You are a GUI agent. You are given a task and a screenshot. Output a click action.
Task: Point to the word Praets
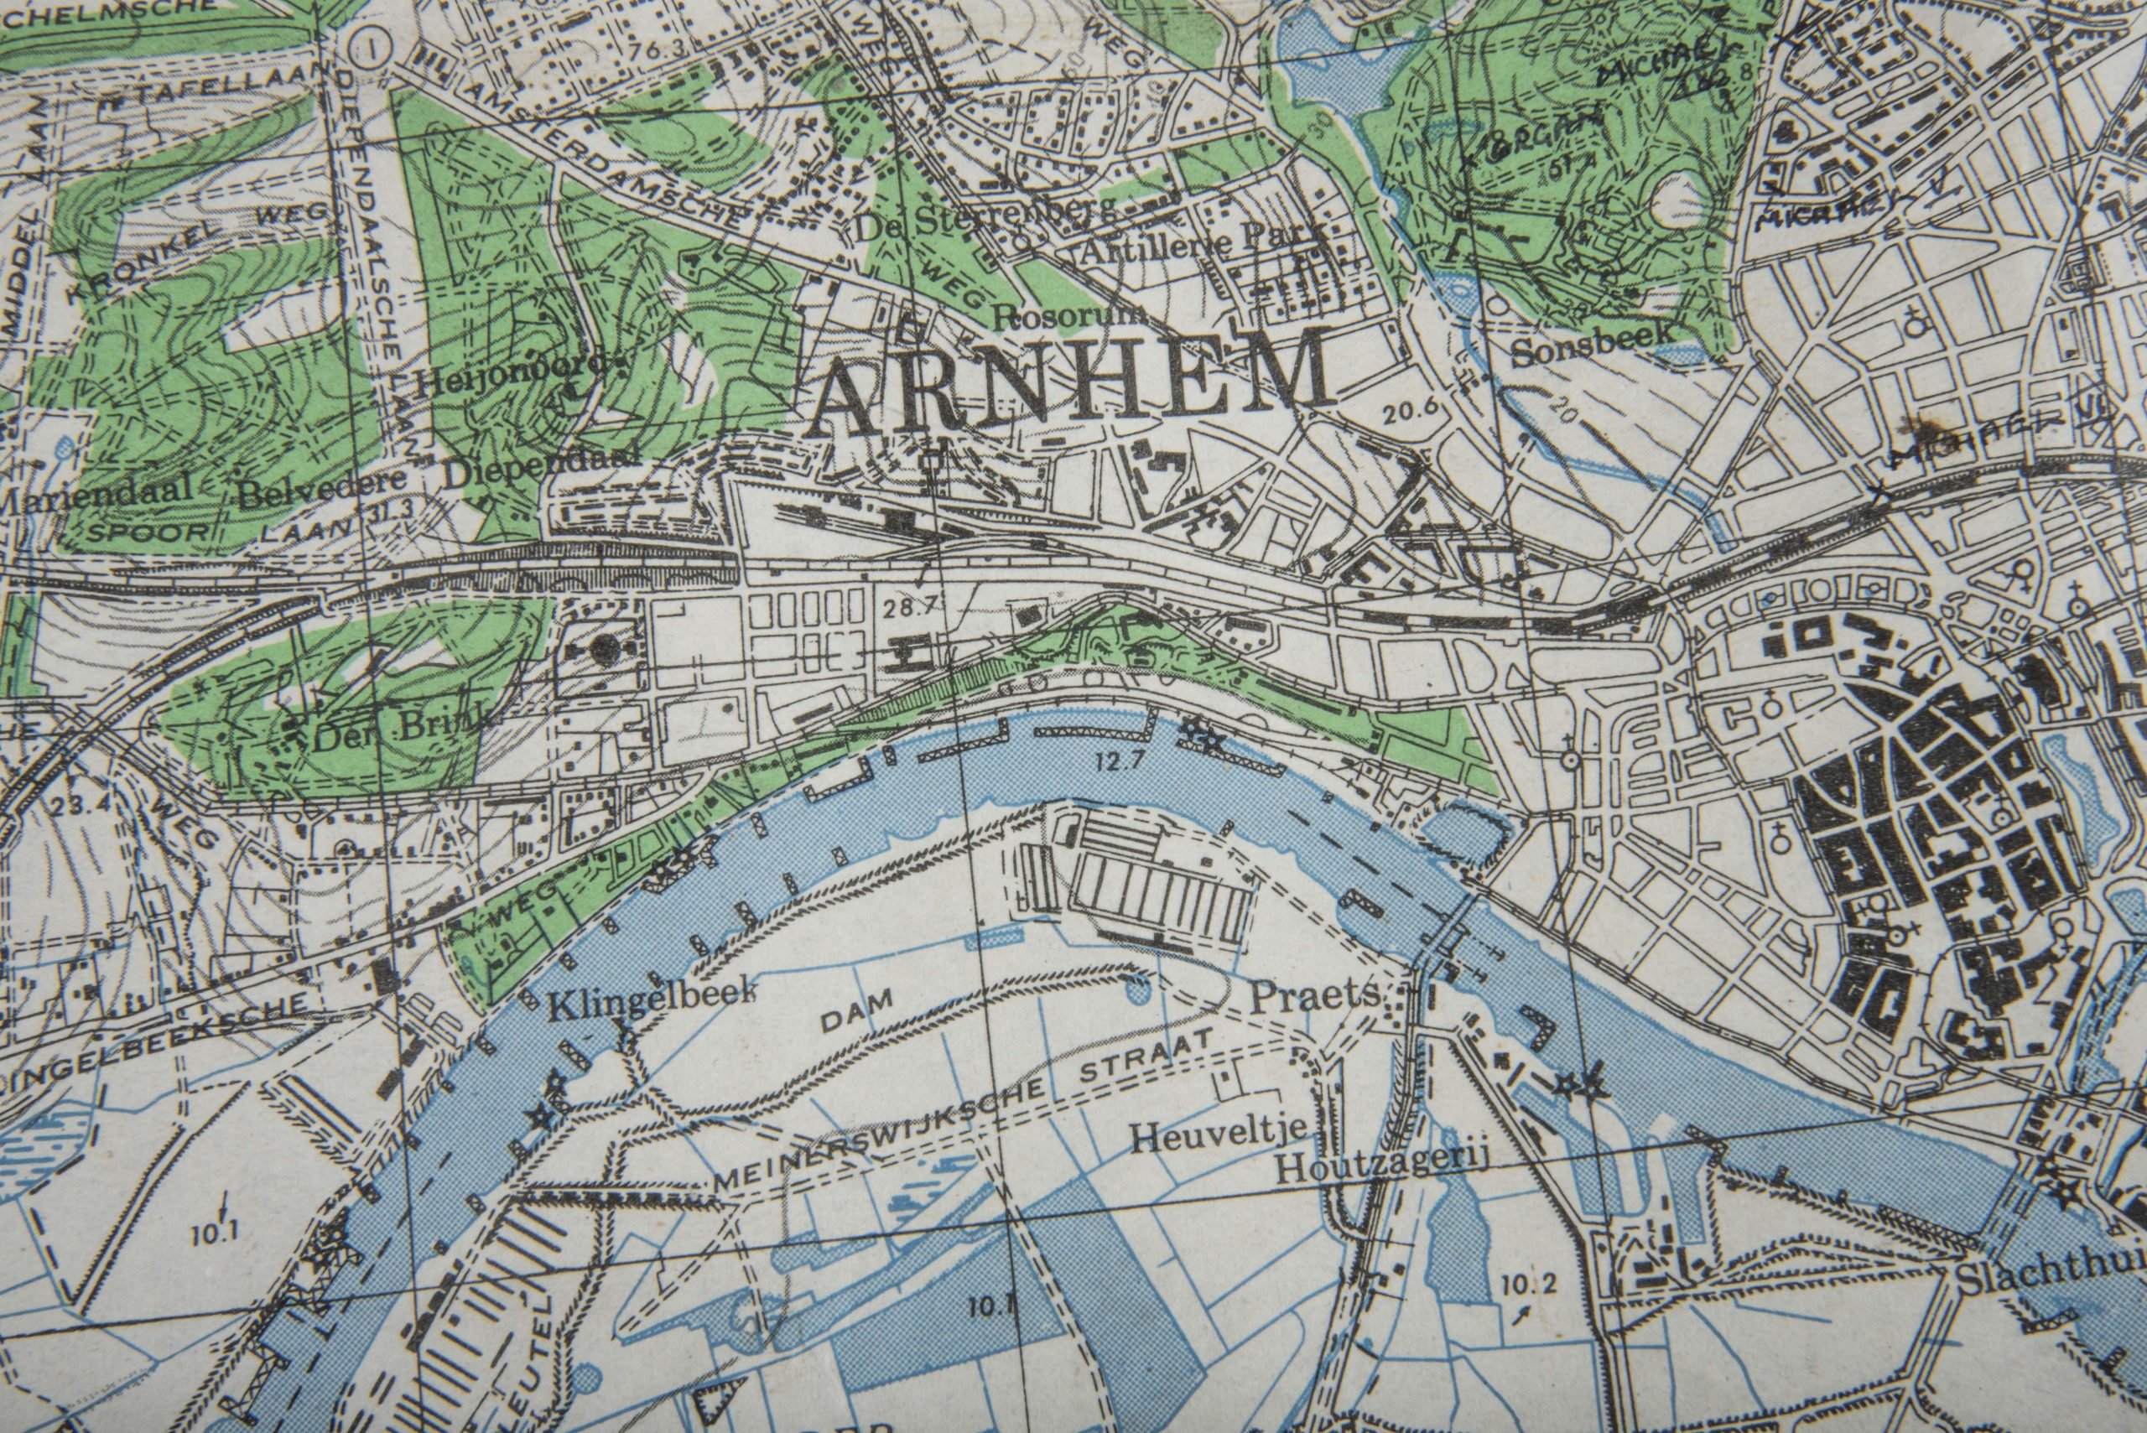1313,998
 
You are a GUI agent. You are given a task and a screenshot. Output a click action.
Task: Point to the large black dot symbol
601,650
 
